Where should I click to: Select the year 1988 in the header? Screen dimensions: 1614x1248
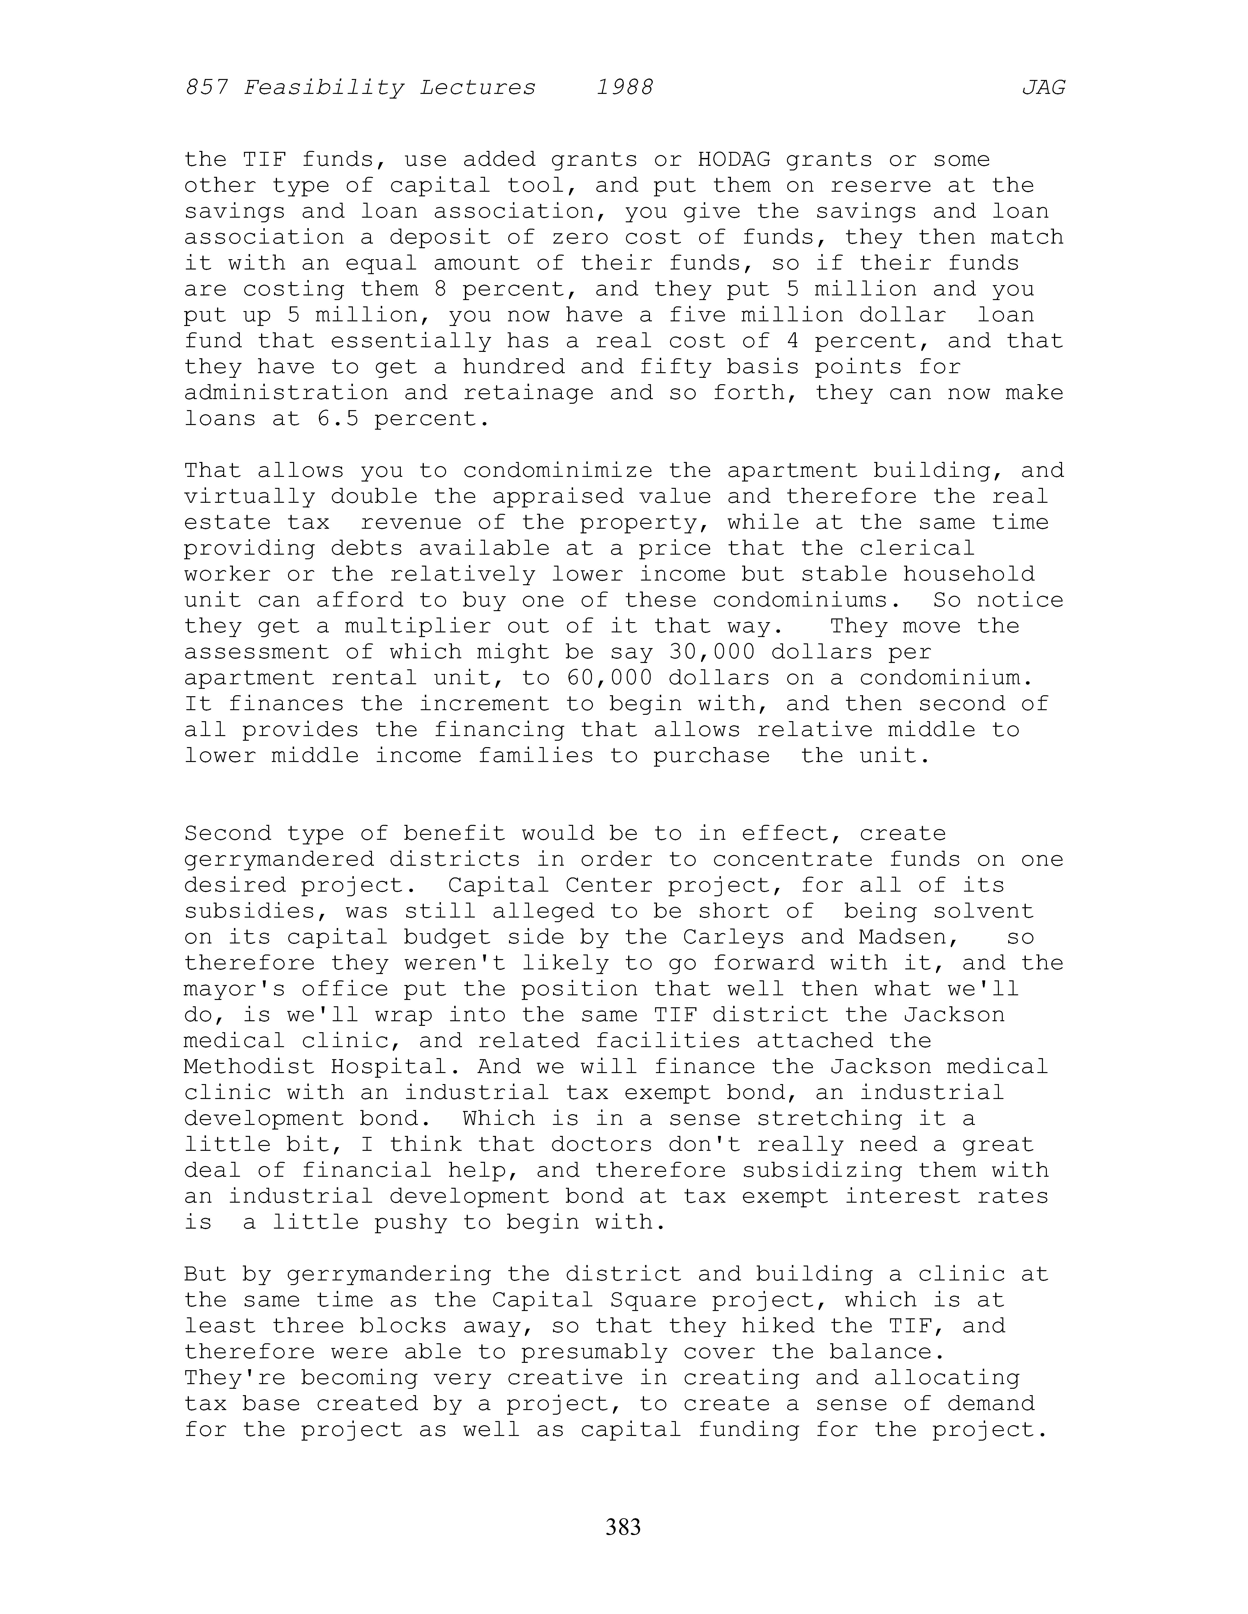pyautogui.click(x=625, y=88)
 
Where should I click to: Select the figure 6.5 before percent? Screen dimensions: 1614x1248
pyautogui.click(x=337, y=419)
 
